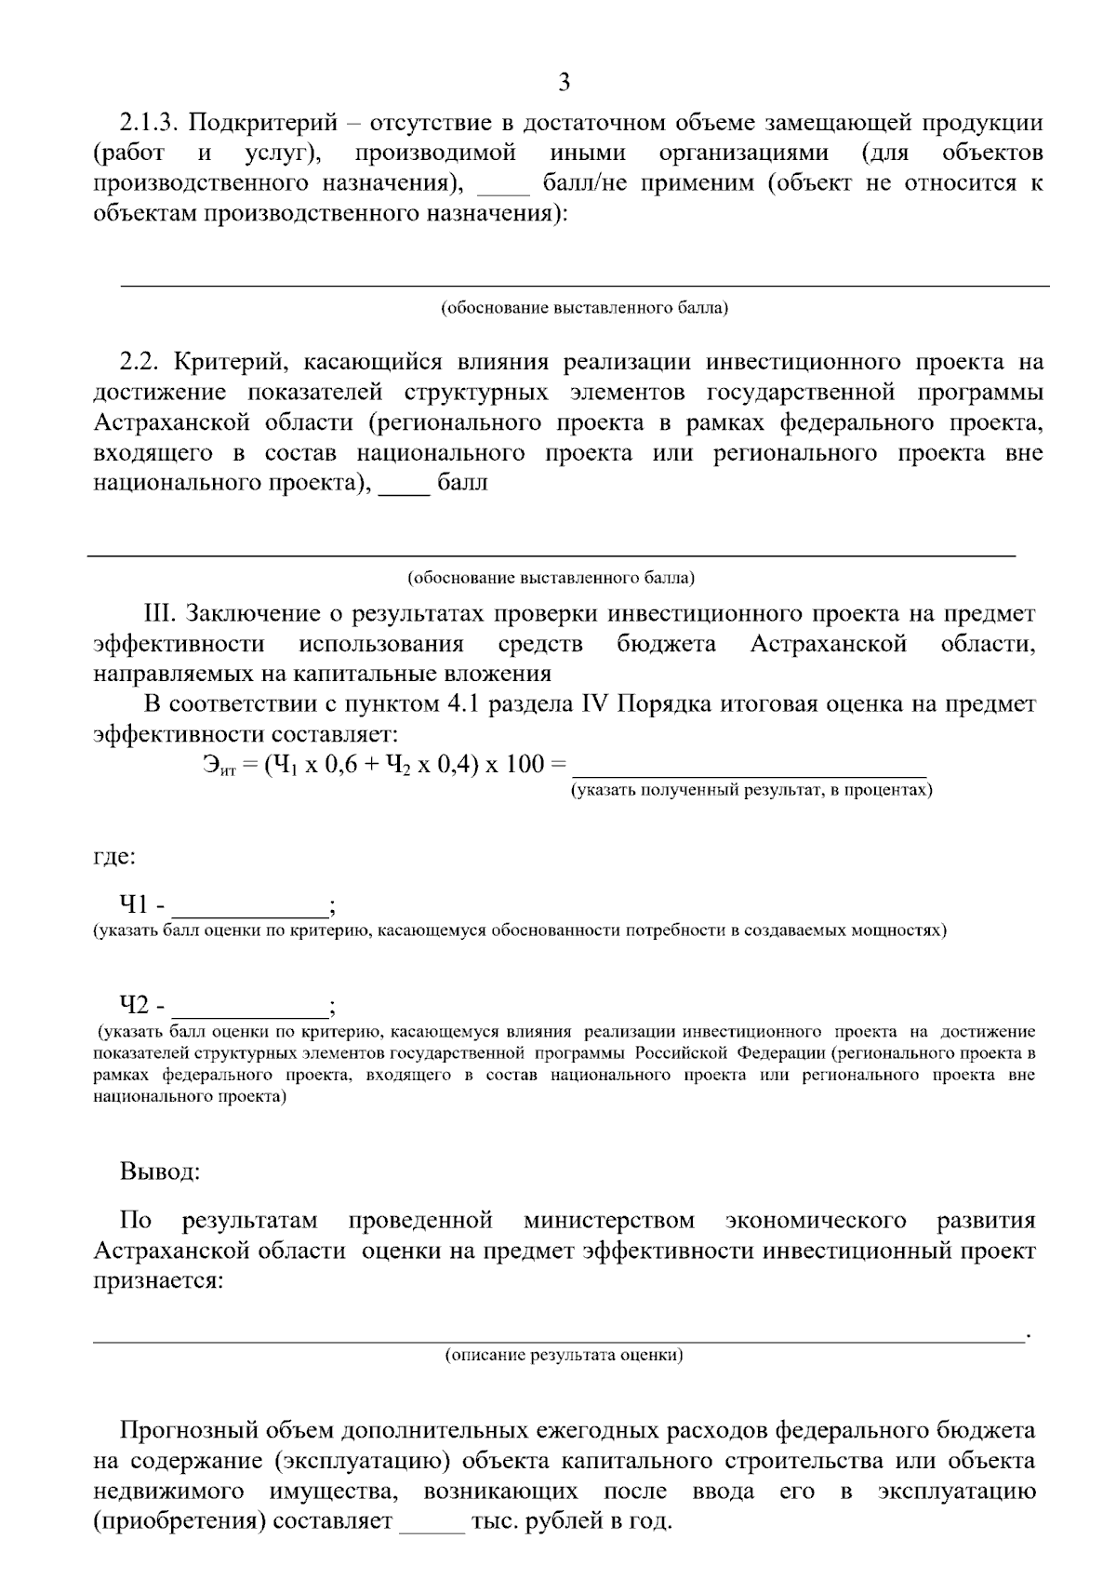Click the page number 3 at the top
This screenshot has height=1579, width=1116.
tap(564, 83)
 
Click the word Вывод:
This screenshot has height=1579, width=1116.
tap(159, 1171)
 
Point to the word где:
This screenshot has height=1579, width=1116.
tap(114, 856)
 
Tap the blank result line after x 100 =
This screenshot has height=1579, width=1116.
tap(750, 769)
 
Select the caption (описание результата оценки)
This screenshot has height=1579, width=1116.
tap(564, 1355)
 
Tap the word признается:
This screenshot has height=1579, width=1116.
tap(158, 1281)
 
